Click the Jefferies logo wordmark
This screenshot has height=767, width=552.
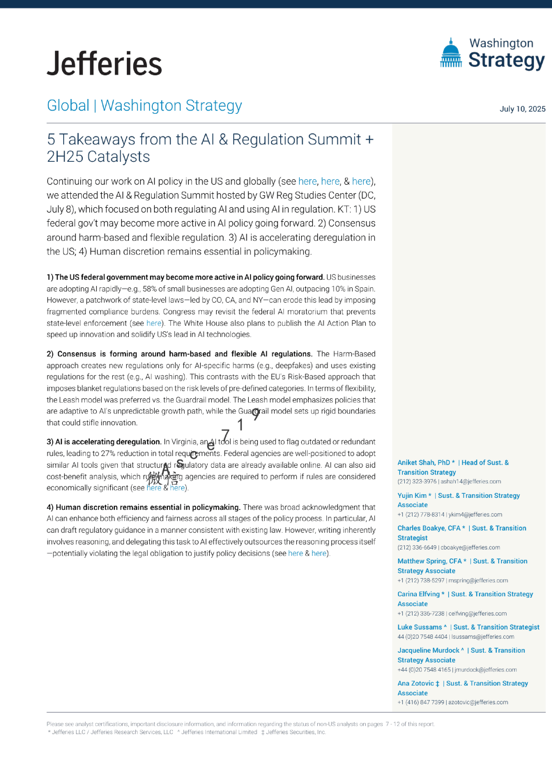pyautogui.click(x=105, y=64)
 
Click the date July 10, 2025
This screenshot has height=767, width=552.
pyautogui.click(x=522, y=109)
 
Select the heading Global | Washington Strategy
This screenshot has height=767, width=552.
pyautogui.click(x=145, y=106)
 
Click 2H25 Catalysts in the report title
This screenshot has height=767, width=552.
pyautogui.click(x=99, y=157)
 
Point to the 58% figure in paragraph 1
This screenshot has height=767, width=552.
pyautogui.click(x=150, y=289)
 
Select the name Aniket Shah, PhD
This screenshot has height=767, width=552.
pyautogui.click(x=423, y=463)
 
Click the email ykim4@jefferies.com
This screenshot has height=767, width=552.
pyautogui.click(x=475, y=515)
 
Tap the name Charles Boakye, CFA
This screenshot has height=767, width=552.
pyautogui.click(x=428, y=528)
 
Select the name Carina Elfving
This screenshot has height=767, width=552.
pyautogui.click(x=418, y=594)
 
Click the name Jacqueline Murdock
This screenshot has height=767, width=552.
pyautogui.click(x=428, y=650)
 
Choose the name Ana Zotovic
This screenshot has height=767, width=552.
pyautogui.click(x=415, y=683)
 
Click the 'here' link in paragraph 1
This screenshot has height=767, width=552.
pyautogui.click(x=154, y=323)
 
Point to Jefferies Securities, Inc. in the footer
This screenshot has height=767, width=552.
pyautogui.click(x=296, y=732)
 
